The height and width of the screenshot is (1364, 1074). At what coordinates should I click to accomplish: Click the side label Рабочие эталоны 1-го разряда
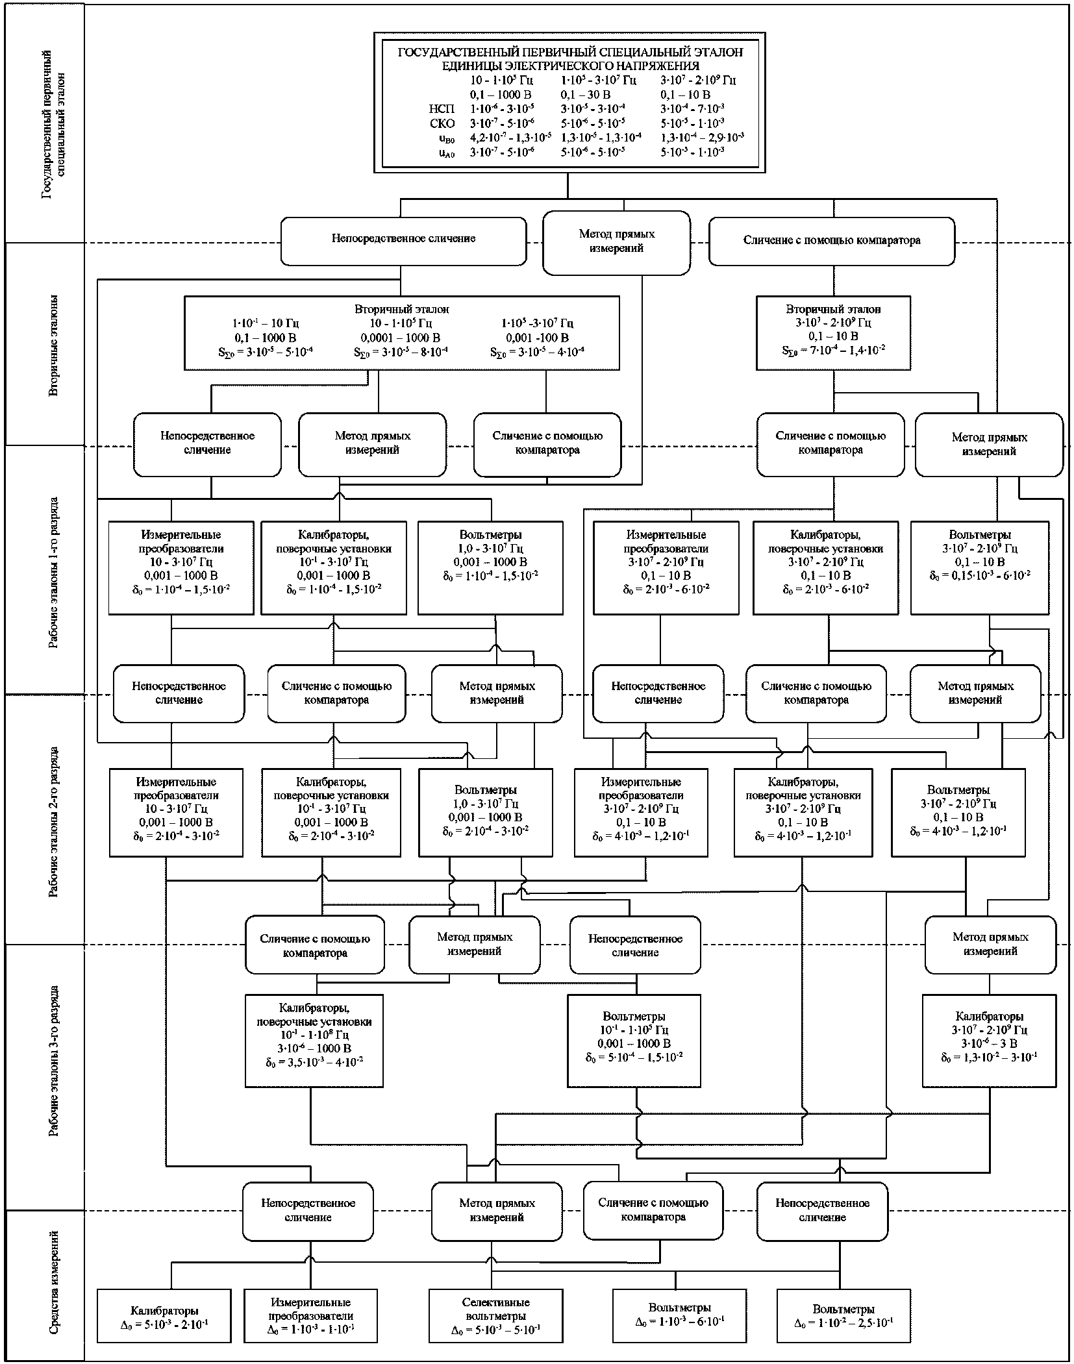[57, 572]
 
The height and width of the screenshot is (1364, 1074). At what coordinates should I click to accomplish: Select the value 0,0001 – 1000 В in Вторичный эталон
[401, 338]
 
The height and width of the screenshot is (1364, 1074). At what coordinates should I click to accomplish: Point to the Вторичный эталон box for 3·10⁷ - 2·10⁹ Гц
[833, 332]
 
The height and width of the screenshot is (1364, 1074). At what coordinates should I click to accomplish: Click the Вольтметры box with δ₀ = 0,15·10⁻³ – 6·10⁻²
[979, 567]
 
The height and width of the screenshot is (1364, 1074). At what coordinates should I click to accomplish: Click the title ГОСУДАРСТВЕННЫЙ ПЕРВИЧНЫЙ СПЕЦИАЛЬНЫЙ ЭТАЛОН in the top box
[569, 52]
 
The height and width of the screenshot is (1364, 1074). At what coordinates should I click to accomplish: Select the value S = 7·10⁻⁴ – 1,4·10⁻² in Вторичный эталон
[833, 351]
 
